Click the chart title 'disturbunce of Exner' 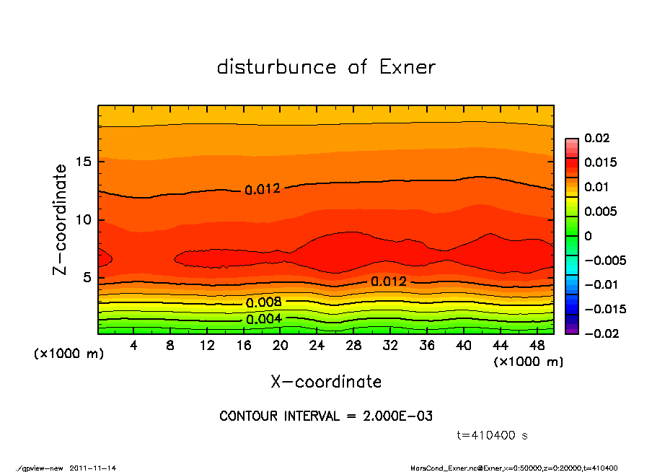[326, 67]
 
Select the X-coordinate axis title [326, 381]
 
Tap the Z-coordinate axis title [61, 219]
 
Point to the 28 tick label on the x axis [353, 346]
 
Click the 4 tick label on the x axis [133, 346]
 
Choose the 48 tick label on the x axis [537, 346]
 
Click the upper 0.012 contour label [263, 190]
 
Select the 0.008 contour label [263, 302]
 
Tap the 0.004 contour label [263, 319]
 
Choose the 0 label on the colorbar [588, 236]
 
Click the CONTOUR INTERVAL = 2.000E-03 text [326, 416]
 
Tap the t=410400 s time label [493, 435]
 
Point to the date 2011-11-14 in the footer [93, 468]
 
